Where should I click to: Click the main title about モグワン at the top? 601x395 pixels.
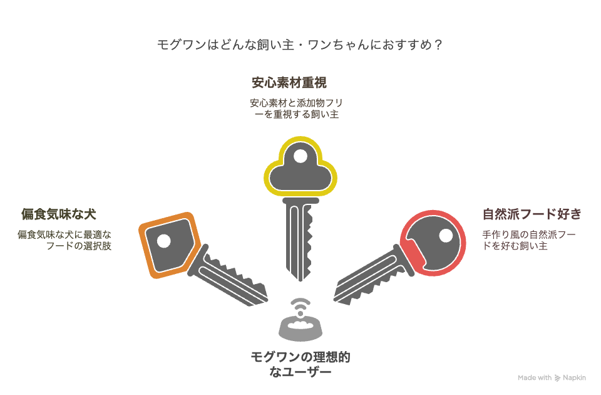tap(300, 45)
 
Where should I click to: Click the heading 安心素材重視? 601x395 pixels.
tap(289, 83)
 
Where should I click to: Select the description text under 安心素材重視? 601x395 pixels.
tap(296, 108)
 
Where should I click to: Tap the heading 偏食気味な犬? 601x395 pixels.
tap(59, 214)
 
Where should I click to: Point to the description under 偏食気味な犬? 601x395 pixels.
tap(64, 240)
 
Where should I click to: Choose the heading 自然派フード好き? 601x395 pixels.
tap(532, 214)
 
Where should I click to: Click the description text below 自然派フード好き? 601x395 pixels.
tap(529, 240)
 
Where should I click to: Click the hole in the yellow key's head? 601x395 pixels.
tap(300, 156)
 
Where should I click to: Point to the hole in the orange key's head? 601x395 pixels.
tap(163, 241)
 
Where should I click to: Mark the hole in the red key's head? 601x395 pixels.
tap(446, 235)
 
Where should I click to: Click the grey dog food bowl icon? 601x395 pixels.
tap(300, 329)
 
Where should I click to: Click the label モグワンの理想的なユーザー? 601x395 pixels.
tap(300, 364)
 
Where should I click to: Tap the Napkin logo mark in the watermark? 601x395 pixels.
tap(557, 378)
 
